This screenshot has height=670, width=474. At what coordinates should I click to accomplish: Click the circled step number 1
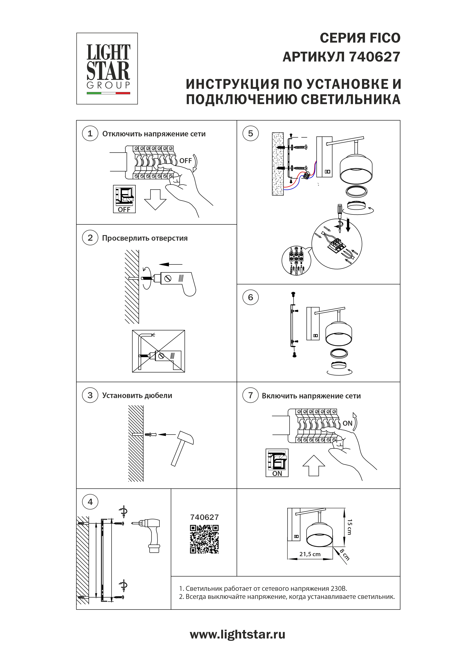(90, 134)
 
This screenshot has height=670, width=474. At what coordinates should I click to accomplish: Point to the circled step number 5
(250, 134)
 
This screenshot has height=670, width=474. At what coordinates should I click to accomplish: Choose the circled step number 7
(250, 395)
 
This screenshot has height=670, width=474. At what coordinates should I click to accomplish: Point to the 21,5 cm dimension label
(310, 554)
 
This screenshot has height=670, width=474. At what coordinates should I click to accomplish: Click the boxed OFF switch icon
(124, 199)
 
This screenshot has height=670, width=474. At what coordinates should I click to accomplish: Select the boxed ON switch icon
(277, 463)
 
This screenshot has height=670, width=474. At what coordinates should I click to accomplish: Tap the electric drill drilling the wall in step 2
(172, 282)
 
